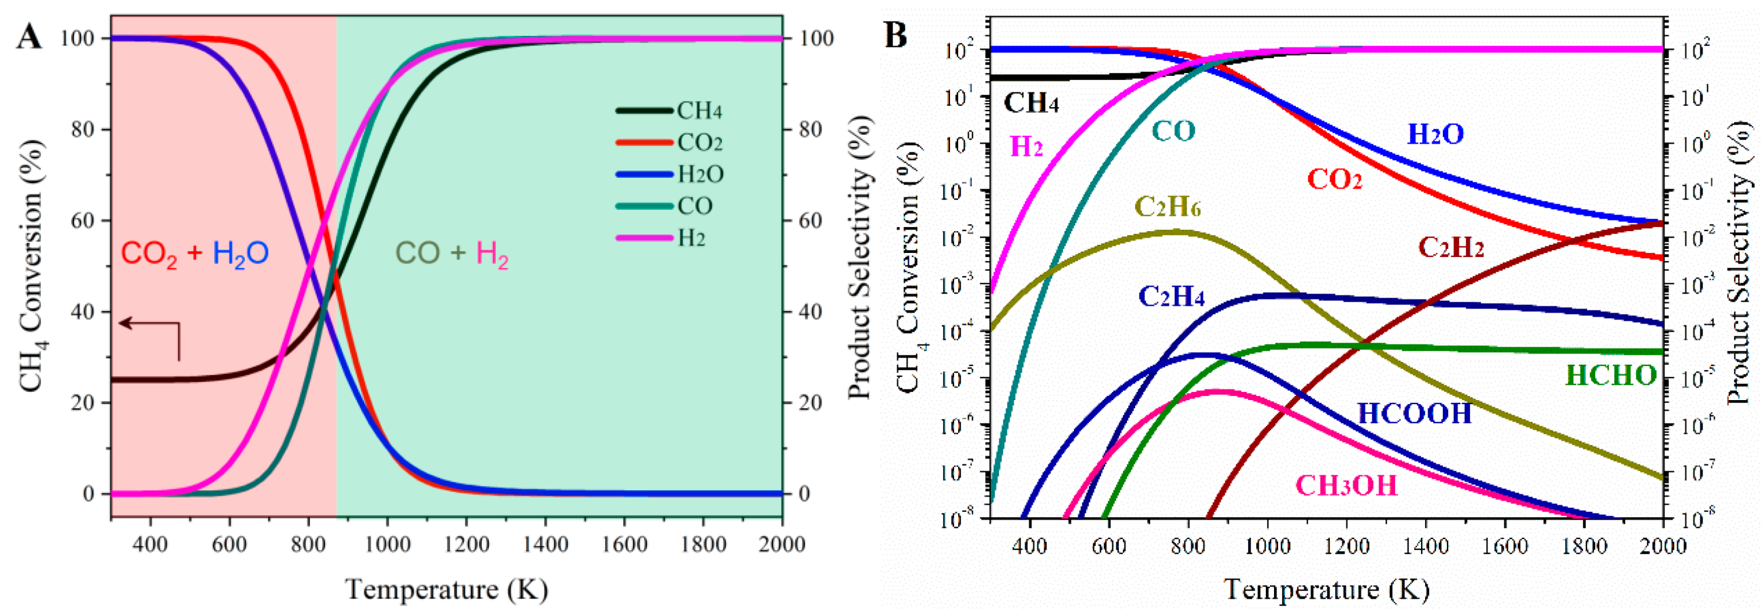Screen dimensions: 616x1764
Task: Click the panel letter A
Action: (29, 36)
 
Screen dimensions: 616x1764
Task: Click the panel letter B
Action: (896, 34)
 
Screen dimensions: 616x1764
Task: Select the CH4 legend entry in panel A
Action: (699, 111)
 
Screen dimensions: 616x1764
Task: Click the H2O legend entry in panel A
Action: (700, 175)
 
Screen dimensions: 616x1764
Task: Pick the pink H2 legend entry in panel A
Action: (691, 238)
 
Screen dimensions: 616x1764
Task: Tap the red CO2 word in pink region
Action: (149, 254)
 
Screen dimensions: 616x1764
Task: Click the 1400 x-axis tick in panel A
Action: (545, 545)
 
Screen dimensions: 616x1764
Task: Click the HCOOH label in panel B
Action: (1414, 414)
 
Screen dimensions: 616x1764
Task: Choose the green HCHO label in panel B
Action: (1610, 375)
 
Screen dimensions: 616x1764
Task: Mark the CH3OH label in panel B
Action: (1346, 486)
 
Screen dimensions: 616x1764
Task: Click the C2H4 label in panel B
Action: (1171, 296)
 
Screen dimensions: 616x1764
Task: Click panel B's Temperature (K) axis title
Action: (1326, 590)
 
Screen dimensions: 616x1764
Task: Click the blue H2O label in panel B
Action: (1435, 134)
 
